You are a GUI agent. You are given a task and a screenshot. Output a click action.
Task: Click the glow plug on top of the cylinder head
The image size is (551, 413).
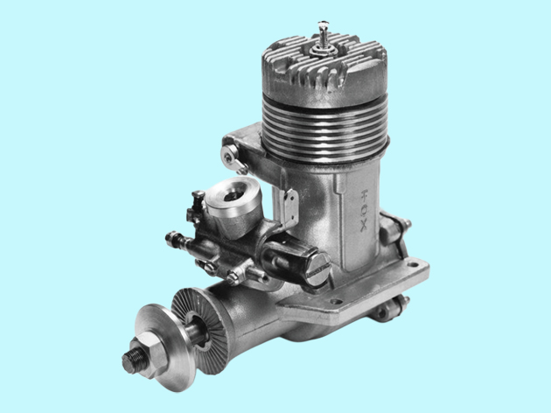pyautogui.click(x=323, y=39)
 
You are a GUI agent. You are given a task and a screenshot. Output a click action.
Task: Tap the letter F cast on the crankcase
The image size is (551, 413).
pyautogui.click(x=365, y=194)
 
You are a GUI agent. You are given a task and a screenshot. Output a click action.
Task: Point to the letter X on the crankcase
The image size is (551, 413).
pyautogui.click(x=364, y=227)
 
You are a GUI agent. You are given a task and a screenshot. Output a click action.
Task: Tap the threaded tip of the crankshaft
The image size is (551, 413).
pyautogui.click(x=133, y=360)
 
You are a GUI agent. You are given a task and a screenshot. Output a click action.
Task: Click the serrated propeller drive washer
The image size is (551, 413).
pyautogui.click(x=198, y=329)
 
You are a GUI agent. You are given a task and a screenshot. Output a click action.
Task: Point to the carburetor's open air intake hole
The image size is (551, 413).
pyautogui.click(x=233, y=195)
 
